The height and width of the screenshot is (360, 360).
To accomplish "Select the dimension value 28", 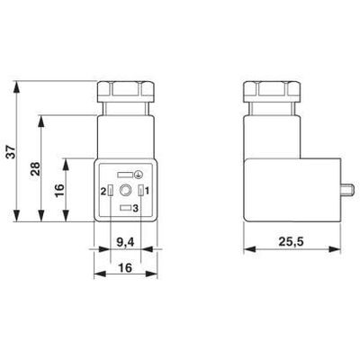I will click(34, 171).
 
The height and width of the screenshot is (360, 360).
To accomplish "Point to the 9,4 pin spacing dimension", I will click(125, 240).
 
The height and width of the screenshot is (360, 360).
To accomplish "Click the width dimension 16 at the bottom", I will click(125, 267).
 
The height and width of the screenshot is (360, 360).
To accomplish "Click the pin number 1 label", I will click(148, 191).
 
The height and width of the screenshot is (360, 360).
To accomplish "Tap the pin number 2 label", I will click(103, 191).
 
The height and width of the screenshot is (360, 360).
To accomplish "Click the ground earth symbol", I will click(138, 173).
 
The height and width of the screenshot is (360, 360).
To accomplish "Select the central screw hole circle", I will click(125, 191).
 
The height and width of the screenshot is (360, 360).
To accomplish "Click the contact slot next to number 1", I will click(139, 191).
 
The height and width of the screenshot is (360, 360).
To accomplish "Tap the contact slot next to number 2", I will click(111, 191).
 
